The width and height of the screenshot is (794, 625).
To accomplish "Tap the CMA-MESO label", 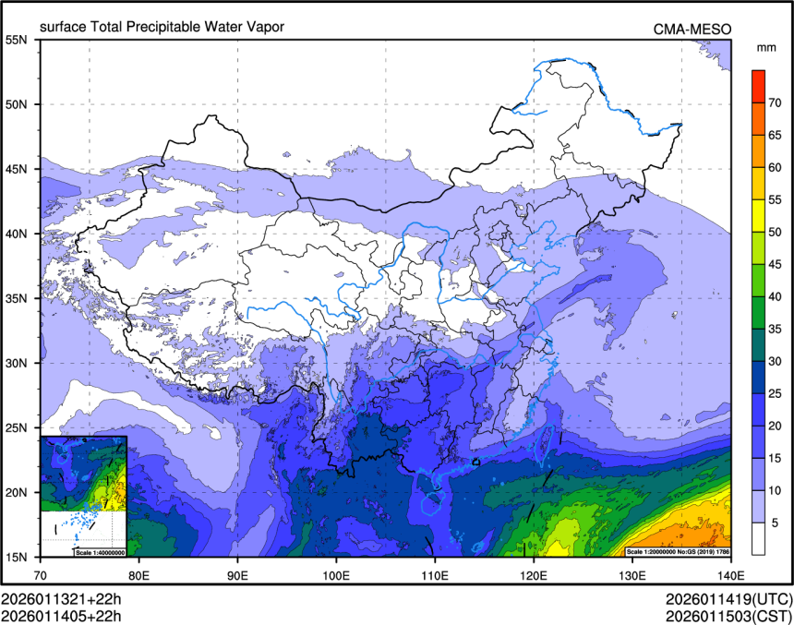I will pyautogui.click(x=692, y=30).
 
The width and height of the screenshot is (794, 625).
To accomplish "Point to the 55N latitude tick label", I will pyautogui.click(x=18, y=40).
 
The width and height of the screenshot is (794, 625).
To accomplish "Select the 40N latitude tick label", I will pyautogui.click(x=18, y=234).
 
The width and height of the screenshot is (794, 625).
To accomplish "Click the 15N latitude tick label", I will pyautogui.click(x=18, y=557).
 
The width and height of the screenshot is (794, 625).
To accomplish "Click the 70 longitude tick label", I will pyautogui.click(x=42, y=572).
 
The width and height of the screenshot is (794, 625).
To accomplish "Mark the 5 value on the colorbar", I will pyautogui.click(x=776, y=522).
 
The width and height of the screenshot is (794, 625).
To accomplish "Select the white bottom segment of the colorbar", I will pyautogui.click(x=758, y=537).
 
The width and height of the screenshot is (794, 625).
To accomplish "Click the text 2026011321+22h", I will pyautogui.click(x=62, y=597).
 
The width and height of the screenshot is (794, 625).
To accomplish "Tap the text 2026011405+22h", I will pyautogui.click(x=62, y=613).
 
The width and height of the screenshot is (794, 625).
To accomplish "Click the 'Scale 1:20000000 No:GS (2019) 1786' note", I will pyautogui.click(x=678, y=552).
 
